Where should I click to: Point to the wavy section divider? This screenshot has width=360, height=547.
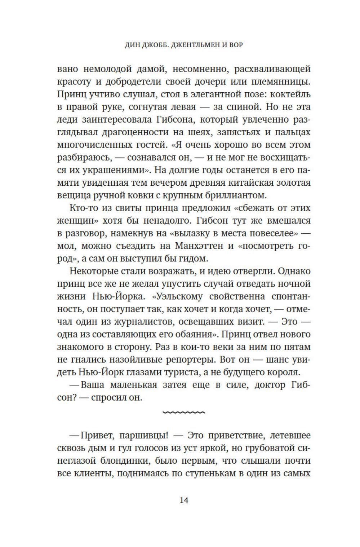[184, 412]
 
